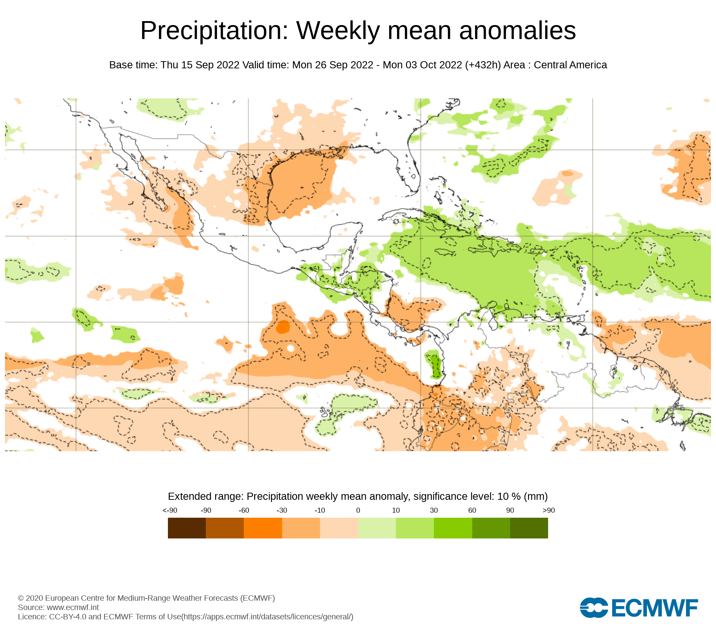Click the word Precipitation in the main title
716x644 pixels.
coord(214,31)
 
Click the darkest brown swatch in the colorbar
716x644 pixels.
coord(187,528)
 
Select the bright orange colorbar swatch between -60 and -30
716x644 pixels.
coord(263,528)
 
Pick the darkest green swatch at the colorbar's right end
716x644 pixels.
coord(529,528)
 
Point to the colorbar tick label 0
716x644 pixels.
coord(358,510)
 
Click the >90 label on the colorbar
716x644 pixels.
coord(548,510)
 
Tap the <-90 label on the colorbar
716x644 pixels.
coord(170,510)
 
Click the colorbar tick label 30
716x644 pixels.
coord(434,510)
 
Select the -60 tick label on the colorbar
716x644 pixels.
coord(244,510)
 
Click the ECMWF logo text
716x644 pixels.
coord(655,608)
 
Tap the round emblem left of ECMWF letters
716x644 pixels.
coord(594,608)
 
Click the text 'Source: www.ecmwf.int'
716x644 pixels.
coord(58,607)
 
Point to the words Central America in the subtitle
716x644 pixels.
coord(570,65)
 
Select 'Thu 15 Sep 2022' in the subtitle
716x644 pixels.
coord(200,65)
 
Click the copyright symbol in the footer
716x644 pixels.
coord(21,598)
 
